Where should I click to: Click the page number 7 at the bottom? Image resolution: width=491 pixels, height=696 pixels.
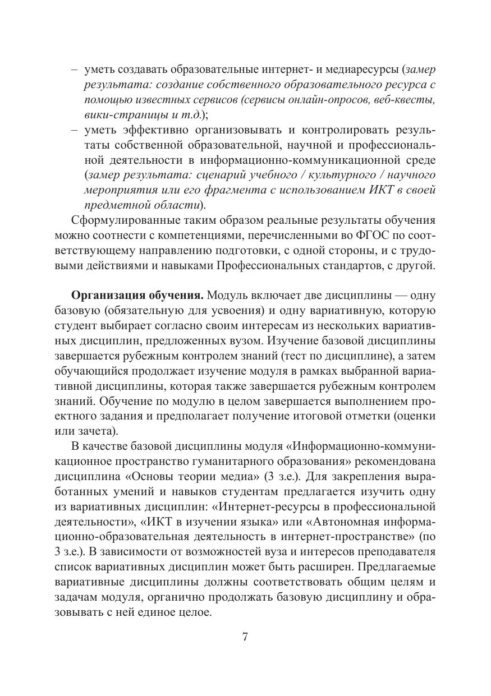(x=245, y=637)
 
